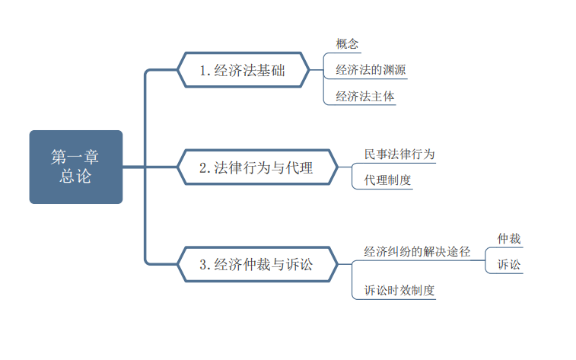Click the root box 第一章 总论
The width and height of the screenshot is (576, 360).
[76, 167]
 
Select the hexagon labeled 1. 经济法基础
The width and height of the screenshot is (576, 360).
[243, 70]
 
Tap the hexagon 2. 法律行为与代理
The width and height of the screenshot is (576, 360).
[257, 167]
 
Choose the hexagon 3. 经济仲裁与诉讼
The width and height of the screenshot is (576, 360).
[257, 264]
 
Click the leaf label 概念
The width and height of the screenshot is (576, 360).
[347, 44]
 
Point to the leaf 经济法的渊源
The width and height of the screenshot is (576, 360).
[371, 70]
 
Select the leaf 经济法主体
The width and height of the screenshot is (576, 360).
[364, 96]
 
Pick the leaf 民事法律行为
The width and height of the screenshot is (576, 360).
[399, 155]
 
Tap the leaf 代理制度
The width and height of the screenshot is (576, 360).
[387, 180]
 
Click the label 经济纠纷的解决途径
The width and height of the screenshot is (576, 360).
[417, 252]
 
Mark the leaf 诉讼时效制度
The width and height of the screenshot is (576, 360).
[399, 290]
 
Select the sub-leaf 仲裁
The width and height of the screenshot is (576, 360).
[509, 239]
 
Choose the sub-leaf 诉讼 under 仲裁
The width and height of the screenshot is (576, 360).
[509, 265]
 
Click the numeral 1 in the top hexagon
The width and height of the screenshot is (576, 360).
[202, 71]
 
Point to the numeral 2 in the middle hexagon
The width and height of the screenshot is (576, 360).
[203, 168]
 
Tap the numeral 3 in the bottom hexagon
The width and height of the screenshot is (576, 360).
[203, 265]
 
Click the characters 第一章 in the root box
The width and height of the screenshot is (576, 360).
[75, 158]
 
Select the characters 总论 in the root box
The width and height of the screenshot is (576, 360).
[75, 176]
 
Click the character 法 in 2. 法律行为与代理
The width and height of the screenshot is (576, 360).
[221, 168]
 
